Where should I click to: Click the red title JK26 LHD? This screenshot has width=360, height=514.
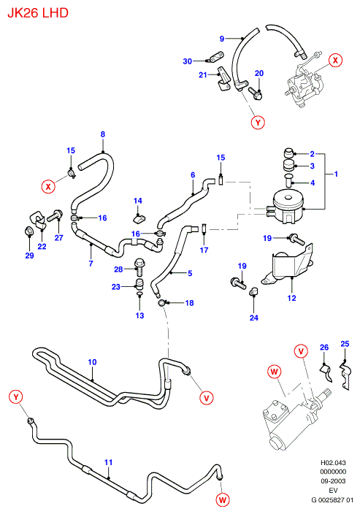click(x=38, y=13)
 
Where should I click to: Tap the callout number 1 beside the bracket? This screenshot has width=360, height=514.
click(x=336, y=174)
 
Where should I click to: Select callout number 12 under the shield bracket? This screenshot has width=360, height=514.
click(x=291, y=298)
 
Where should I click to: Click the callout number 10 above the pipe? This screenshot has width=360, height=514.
click(x=92, y=362)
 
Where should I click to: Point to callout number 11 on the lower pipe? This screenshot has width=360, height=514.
click(x=108, y=462)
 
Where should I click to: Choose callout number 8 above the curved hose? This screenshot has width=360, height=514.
click(x=103, y=134)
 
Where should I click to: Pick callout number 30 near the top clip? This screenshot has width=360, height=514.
click(x=187, y=61)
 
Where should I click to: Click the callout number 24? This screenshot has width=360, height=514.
click(x=254, y=318)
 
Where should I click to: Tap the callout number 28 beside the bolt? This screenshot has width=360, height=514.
click(x=118, y=269)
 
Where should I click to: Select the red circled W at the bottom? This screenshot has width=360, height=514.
click(x=223, y=499)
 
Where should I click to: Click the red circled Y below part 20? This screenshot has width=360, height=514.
click(x=258, y=122)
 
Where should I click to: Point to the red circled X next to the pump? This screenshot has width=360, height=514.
click(x=335, y=61)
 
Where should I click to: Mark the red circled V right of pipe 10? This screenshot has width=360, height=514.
click(x=206, y=398)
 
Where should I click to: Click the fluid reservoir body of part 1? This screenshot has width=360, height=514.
click(x=288, y=207)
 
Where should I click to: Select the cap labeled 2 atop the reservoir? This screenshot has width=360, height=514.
click(x=288, y=153)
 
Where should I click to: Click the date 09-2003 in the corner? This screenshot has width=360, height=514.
click(x=333, y=481)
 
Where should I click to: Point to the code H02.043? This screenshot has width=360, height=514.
click(x=333, y=463)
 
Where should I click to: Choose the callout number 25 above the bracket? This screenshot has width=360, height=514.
click(x=345, y=344)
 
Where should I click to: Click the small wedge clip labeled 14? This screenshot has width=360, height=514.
click(x=139, y=218)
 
